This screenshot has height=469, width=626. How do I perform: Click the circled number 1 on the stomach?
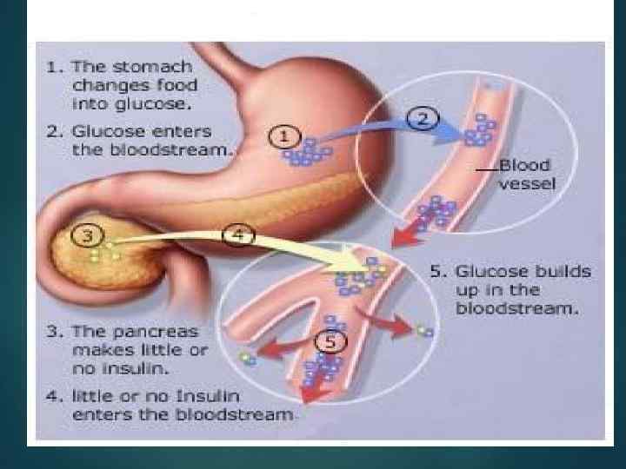click(x=286, y=135)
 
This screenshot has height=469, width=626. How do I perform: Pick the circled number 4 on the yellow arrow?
click(x=240, y=234)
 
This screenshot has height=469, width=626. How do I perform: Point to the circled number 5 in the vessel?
click(x=328, y=341)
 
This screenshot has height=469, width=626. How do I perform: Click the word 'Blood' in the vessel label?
click(x=525, y=166)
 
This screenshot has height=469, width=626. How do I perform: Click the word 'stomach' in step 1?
click(x=163, y=67)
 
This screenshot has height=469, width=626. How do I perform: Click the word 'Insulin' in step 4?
click(x=220, y=397)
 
